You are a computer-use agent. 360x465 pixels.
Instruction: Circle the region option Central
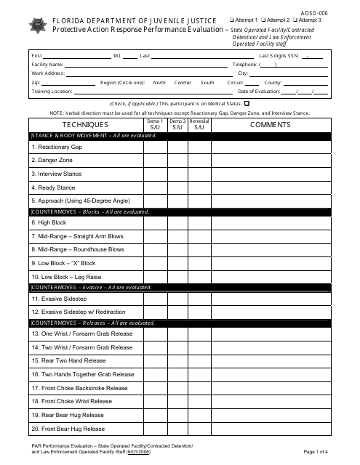pyautogui.click(x=183, y=83)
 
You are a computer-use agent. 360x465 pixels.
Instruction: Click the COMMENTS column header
pyautogui.click(x=270, y=125)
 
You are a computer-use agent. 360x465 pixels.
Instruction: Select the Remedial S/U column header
pyautogui.click(x=199, y=125)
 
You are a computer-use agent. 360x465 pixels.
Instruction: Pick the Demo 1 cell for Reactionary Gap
pyautogui.click(x=155, y=147)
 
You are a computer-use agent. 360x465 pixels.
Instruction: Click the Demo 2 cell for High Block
pyautogui.click(x=177, y=223)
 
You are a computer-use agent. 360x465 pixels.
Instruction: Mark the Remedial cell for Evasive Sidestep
pyautogui.click(x=199, y=299)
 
